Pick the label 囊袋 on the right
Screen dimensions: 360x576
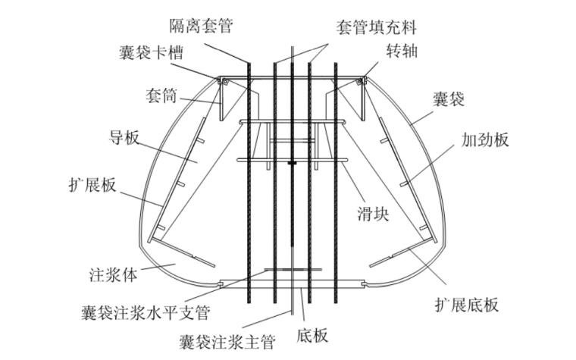pos(449,98)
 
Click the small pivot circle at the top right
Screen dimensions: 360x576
pos(363,80)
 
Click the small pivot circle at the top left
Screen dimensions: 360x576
pos(219,80)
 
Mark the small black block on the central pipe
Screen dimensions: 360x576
pos(292,162)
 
